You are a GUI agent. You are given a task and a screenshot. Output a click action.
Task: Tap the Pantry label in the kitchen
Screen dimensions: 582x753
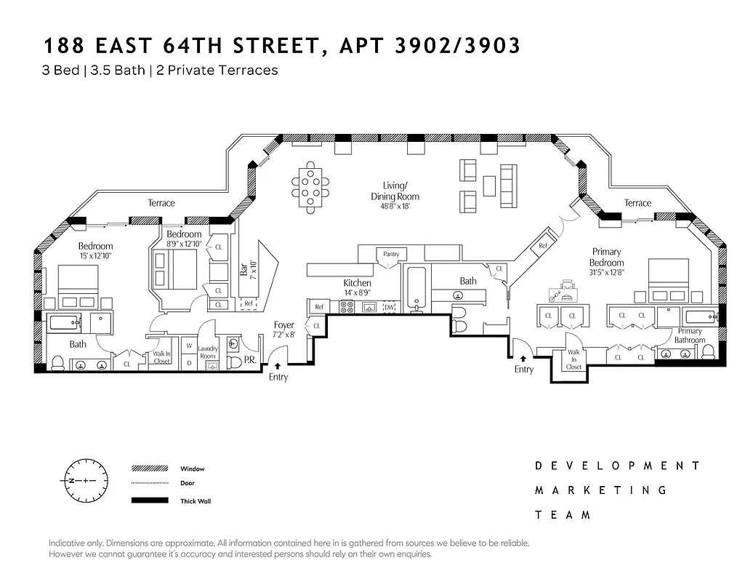click(x=390, y=254)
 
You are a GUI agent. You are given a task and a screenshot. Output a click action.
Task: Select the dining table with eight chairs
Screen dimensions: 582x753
click(x=312, y=188)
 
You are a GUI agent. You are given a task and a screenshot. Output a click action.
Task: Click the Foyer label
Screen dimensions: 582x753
click(x=283, y=325)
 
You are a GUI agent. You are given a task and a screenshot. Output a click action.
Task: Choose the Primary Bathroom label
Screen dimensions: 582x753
click(x=690, y=335)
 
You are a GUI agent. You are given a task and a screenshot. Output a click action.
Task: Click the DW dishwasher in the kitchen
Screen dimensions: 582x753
click(x=389, y=308)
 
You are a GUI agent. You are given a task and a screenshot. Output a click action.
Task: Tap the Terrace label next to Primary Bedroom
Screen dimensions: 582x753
click(x=637, y=203)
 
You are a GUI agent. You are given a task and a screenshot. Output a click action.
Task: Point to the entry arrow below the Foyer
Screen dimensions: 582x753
click(x=278, y=366)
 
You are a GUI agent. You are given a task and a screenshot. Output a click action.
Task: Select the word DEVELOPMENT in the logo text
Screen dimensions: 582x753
click(x=618, y=466)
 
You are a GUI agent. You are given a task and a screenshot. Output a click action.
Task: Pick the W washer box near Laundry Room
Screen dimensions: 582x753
click(x=189, y=346)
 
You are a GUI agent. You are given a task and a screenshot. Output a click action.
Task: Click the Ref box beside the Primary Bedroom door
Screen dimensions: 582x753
click(x=542, y=246)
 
